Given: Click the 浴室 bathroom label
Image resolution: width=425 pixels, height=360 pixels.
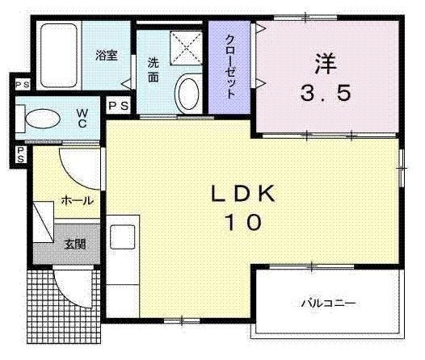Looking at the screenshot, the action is coord(107,55).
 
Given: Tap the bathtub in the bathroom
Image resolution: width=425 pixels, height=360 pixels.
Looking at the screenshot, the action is coord(59,56).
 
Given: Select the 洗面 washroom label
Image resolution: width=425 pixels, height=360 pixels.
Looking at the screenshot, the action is coord(154,70).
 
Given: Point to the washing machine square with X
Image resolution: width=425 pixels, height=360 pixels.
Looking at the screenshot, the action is coord(186,48).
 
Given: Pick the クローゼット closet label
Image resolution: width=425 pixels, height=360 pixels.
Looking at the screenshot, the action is coord(229,66).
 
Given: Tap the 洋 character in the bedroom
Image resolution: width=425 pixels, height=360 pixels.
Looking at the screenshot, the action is coord(326,64).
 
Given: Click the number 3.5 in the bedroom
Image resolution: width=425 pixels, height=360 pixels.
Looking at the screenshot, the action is coord(326,93).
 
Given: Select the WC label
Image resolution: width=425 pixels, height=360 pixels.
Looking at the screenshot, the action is coord(82,118).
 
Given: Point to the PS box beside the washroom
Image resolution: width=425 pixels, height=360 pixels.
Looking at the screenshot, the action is coord(119,106).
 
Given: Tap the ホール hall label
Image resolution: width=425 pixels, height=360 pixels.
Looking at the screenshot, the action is coord(78,201).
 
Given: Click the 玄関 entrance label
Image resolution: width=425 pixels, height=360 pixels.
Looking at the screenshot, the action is coord(75,244).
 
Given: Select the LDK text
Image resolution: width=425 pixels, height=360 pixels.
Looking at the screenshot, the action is coord(243,194).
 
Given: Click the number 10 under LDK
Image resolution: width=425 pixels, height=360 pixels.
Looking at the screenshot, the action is coord(243,222).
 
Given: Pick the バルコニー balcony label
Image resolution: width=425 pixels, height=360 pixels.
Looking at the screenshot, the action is coord(329,303).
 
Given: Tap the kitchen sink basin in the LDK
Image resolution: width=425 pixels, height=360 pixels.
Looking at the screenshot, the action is coord(123,237).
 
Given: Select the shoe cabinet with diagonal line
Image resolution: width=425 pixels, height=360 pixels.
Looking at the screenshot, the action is coord(44,221).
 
